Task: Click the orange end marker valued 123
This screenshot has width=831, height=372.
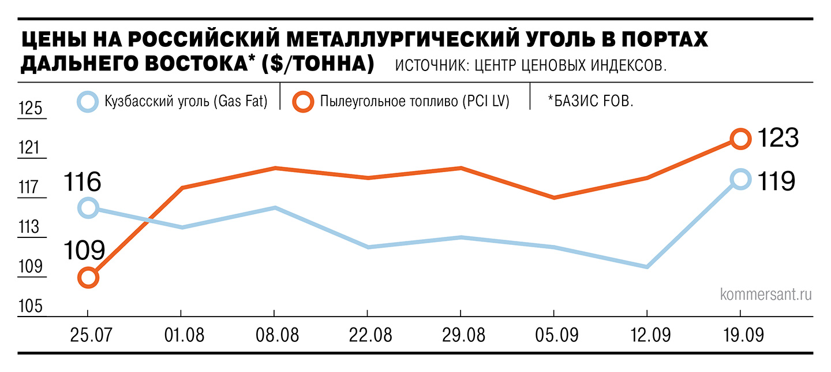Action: [x=740, y=139]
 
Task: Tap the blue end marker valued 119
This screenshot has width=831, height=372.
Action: [x=740, y=179]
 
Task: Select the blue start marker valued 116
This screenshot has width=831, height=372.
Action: [x=88, y=208]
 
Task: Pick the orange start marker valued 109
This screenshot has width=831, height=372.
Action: [x=88, y=278]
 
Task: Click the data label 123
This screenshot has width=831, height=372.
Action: [x=777, y=139]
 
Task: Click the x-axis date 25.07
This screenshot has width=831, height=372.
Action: [x=88, y=335]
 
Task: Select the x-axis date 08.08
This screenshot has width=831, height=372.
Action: [x=274, y=335]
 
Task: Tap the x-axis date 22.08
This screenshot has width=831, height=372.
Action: [x=368, y=335]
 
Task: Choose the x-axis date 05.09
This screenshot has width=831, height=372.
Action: [x=554, y=335]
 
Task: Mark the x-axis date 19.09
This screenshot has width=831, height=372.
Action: [x=740, y=335]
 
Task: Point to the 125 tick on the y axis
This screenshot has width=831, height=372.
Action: [x=31, y=109]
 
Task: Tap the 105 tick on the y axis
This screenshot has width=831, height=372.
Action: [x=31, y=307]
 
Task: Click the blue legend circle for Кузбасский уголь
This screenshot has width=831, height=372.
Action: [x=88, y=102]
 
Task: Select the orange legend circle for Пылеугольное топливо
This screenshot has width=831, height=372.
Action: [x=302, y=102]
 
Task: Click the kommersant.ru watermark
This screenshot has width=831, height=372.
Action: [x=766, y=295]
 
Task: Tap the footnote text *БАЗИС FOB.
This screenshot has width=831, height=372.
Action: [x=590, y=102]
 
